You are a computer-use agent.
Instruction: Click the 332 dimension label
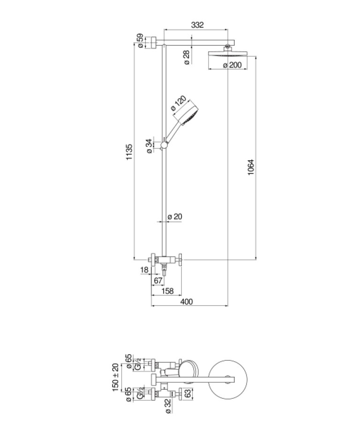(x=198, y=25)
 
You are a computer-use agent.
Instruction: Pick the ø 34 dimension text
(x=149, y=146)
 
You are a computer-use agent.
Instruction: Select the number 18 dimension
(x=144, y=270)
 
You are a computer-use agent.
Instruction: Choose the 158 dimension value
(x=167, y=291)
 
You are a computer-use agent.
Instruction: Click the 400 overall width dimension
(x=187, y=302)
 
